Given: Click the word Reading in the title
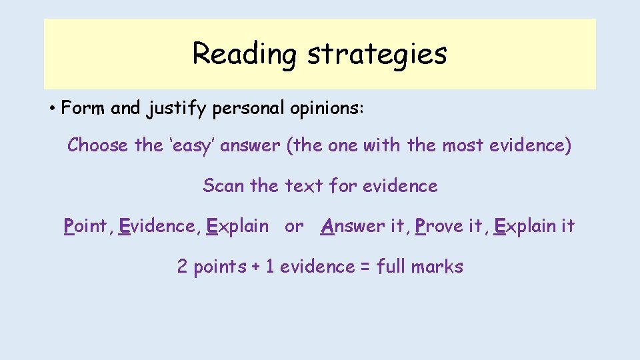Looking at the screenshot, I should pyautogui.click(x=243, y=54).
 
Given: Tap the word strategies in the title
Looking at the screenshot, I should pyautogui.click(x=377, y=54).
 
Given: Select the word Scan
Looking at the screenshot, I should pyautogui.click(x=224, y=185).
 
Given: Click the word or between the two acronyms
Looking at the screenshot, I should pyautogui.click(x=294, y=227).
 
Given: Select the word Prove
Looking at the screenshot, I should pyautogui.click(x=437, y=226).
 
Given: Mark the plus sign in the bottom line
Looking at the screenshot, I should pyautogui.click(x=256, y=267).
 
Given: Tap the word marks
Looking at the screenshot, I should pyautogui.click(x=437, y=267).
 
